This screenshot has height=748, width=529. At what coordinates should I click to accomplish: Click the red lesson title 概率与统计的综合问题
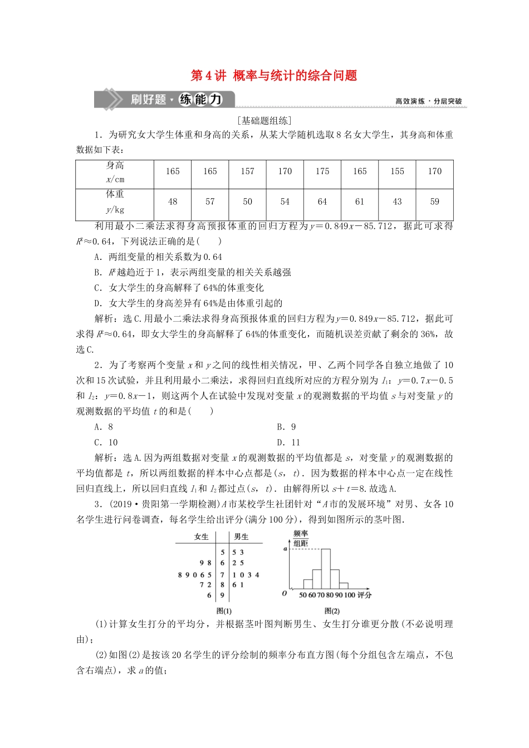pos(295,76)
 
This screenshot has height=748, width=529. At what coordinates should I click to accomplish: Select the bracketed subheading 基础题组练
pos(264,120)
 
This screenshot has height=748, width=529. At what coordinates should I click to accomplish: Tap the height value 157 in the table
pos(247,171)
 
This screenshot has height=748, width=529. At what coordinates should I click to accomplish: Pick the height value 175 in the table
pos(322,171)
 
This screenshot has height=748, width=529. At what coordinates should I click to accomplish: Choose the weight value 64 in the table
pos(322,201)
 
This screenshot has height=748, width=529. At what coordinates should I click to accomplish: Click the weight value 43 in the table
pos(397,201)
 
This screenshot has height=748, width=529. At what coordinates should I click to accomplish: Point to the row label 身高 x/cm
pos(115,173)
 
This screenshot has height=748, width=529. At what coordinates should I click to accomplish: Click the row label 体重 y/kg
pos(115,202)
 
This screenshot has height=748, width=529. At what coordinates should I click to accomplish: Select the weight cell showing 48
pos(173,201)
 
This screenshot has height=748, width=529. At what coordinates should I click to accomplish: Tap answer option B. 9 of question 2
pos(286,427)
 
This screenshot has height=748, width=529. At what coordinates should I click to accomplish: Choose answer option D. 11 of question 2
pos(288,442)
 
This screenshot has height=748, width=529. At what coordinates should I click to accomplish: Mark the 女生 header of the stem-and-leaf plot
pos(202,537)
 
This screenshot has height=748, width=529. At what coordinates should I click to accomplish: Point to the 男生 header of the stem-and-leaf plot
pos(241,537)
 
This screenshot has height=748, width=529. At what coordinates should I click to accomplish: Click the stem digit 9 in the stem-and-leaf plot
pos(222,595)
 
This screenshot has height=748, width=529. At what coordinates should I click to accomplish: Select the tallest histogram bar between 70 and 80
pos(326,569)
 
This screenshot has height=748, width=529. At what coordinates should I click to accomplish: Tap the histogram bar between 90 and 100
pos(344,585)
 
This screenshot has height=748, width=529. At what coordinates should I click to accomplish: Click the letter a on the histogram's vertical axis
pos(285,549)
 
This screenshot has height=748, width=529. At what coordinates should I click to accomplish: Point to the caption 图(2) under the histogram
pos(332,611)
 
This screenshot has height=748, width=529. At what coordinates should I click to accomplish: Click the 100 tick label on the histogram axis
pos(350,595)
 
